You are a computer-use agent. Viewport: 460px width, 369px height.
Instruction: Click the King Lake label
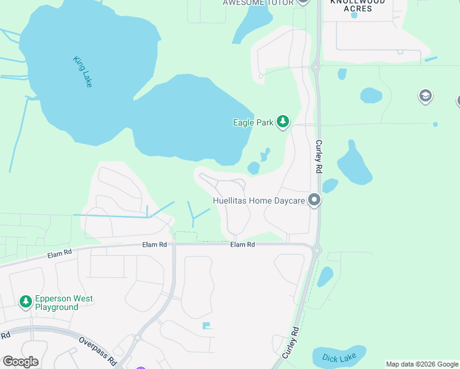click(82, 71)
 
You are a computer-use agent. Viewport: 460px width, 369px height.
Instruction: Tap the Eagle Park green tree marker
click(283, 122)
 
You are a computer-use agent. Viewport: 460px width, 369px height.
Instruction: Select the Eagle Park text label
click(253, 122)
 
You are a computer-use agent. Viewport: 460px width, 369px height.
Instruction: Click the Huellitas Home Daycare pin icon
click(315, 200)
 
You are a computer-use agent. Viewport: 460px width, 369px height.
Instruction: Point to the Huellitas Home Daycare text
click(260, 200)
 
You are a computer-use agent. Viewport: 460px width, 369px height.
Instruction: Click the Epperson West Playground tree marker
click(26, 301)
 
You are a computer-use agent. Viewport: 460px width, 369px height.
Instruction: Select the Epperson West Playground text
click(64, 303)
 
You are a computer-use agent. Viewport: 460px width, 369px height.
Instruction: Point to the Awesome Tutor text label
click(258, 2)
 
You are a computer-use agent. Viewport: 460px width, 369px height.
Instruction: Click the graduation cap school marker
click(425, 95)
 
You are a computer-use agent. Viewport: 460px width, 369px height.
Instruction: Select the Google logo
click(20, 362)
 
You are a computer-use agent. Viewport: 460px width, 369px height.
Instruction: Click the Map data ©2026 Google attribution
click(422, 364)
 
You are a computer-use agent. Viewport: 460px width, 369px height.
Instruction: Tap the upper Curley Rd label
click(319, 156)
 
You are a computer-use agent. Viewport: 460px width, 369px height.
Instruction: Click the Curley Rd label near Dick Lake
click(291, 343)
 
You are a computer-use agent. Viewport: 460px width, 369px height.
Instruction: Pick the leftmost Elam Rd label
click(59, 252)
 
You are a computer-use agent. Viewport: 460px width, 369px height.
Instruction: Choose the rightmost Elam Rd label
click(242, 245)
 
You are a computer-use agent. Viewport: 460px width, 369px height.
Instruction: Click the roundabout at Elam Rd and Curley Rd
click(317, 250)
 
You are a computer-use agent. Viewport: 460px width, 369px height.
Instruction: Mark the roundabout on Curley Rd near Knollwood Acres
click(315, 66)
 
